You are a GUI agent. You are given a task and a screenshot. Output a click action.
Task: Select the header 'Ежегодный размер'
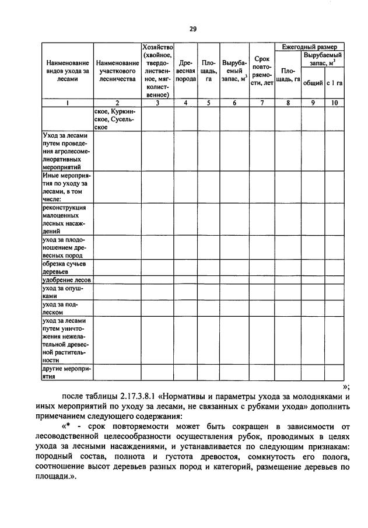pyautogui.click(x=309, y=46)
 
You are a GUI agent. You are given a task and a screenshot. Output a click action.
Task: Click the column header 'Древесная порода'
pyautogui.click(x=186, y=71)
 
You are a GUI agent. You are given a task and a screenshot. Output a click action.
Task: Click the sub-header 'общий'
pyautogui.click(x=313, y=83)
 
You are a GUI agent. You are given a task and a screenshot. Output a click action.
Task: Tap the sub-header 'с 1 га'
pyautogui.click(x=334, y=83)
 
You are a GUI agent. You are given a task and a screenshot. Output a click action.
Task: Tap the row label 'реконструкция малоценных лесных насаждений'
pyautogui.click(x=65, y=219)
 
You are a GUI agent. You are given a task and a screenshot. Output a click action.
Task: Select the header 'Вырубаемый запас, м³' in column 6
pyautogui.click(x=234, y=71)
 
